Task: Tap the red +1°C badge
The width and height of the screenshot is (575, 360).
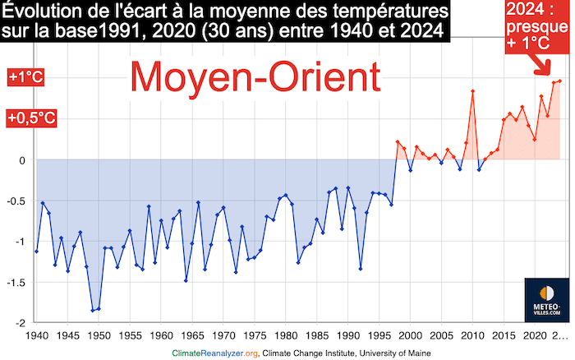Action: pyautogui.click(x=25, y=78)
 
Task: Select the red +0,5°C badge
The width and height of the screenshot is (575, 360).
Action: pyautogui.click(x=32, y=118)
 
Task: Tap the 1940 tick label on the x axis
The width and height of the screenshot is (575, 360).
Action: pyautogui.click(x=37, y=335)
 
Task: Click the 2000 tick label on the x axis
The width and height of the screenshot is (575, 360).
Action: pyautogui.click(x=410, y=335)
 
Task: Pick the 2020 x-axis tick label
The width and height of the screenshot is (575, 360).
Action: pyautogui.click(x=534, y=335)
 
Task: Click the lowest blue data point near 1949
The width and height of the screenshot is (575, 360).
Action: pyautogui.click(x=93, y=310)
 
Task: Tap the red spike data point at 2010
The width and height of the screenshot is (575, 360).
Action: pyautogui.click(x=472, y=90)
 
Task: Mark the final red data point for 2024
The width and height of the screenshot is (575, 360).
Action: pyautogui.click(x=559, y=81)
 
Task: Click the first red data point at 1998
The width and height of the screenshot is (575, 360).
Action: pyautogui.click(x=398, y=142)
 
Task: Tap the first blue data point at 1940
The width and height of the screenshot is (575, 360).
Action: pyautogui.click(x=37, y=251)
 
